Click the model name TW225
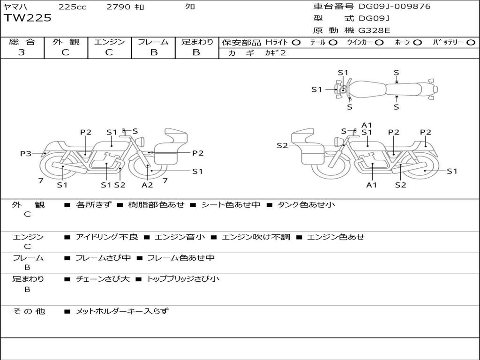[28, 18]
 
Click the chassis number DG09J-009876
[394, 7]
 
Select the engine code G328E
[375, 30]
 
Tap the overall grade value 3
[22, 52]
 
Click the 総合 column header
[22, 42]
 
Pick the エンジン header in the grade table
[109, 42]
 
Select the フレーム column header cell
[153, 42]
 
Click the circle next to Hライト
[296, 42]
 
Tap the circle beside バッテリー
[471, 42]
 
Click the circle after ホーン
[418, 42]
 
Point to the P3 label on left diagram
[26, 153]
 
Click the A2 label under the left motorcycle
[147, 185]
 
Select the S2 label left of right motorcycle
[282, 145]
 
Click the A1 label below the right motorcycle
[371, 185]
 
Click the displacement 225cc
[72, 7]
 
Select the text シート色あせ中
[231, 205]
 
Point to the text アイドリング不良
[107, 237]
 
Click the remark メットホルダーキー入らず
[122, 311]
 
